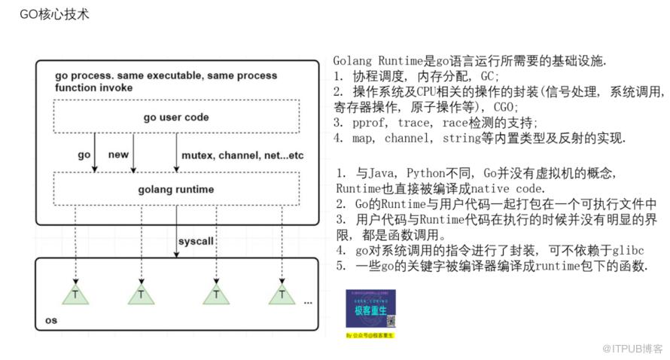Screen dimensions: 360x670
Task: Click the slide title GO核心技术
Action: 54,14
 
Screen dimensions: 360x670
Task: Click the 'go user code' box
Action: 175,117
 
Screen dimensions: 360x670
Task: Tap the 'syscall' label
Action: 196,241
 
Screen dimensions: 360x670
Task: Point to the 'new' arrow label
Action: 118,154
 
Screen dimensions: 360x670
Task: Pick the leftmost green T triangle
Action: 75,294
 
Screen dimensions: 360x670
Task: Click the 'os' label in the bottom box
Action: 51,320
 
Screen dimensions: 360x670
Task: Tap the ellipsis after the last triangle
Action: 307,301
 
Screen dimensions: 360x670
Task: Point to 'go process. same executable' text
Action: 129,76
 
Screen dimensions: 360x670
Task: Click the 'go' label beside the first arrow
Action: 84,154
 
